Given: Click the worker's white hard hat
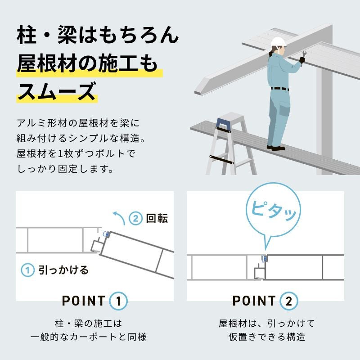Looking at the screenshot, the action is [278, 42].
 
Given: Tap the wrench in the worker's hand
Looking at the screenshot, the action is [303, 58].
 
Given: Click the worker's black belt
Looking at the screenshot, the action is [279, 89].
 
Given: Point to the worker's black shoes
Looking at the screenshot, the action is [275, 148].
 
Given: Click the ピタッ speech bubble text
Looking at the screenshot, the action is [273, 211].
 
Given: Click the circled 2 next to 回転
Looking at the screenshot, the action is [136, 218].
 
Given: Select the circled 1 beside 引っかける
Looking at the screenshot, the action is [27, 270].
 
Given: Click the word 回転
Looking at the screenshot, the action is [157, 218].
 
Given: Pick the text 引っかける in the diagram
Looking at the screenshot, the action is [63, 270].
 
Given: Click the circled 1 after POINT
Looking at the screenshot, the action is [118, 301].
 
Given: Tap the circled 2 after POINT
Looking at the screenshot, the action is [289, 301].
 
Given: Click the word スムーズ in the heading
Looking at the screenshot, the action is [57, 91].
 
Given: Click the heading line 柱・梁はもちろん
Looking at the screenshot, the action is [98, 35].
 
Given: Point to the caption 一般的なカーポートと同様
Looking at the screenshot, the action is [88, 337].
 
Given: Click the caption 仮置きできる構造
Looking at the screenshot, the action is [267, 337].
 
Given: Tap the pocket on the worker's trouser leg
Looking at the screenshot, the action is [284, 109].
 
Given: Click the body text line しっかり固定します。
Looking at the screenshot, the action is [65, 169].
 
